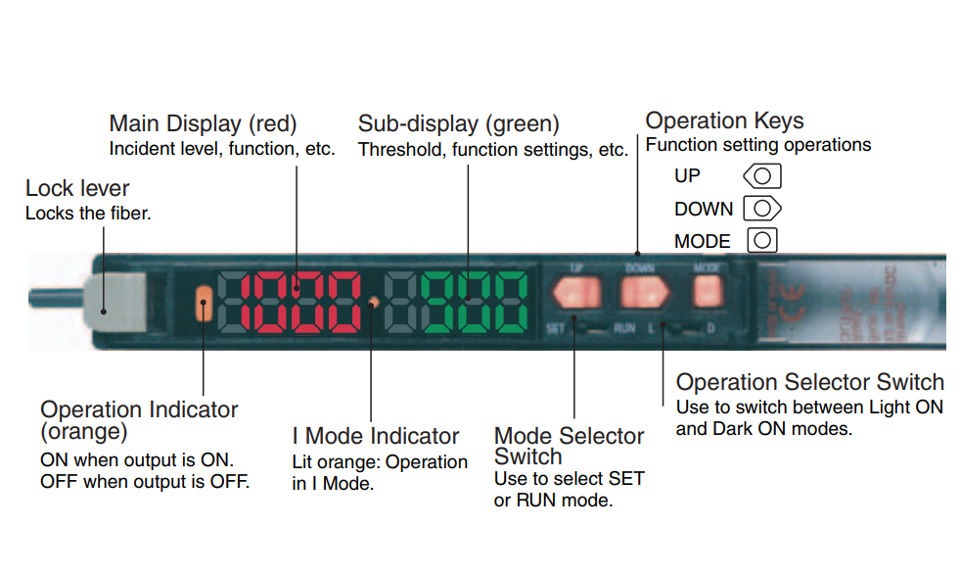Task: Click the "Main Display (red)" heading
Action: tap(203, 124)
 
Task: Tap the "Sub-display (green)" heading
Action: tap(458, 124)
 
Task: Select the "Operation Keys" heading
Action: tap(724, 121)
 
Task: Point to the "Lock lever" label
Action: tap(77, 188)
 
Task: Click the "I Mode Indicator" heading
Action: tap(376, 436)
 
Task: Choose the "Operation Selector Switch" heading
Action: tap(809, 382)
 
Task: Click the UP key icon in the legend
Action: tap(763, 177)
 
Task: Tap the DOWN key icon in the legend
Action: tap(763, 209)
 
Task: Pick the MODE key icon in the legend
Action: tap(763, 240)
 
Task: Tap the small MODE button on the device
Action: tap(707, 289)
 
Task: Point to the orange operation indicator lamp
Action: tap(204, 304)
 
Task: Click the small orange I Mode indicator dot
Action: tap(374, 302)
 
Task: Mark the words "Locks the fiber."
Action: tap(88, 213)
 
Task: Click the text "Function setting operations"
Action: tap(757, 145)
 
